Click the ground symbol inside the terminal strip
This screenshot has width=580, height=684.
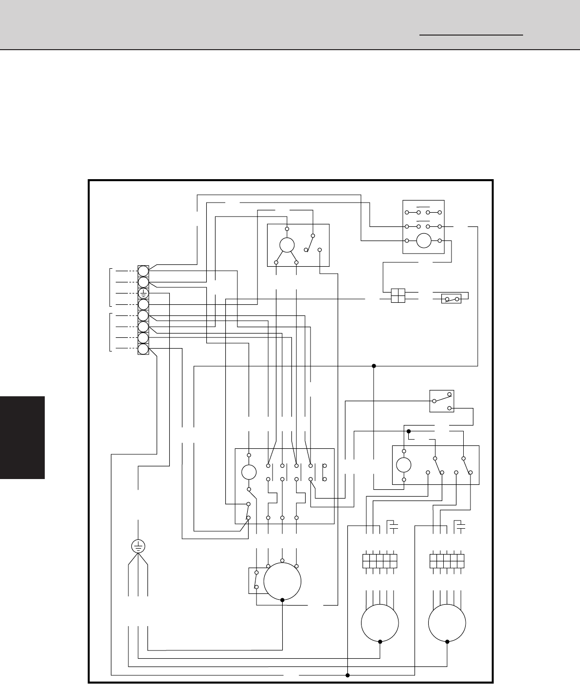point(143,294)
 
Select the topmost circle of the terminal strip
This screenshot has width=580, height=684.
point(143,271)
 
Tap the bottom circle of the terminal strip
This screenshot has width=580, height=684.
point(143,349)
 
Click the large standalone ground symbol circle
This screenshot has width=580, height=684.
point(138,546)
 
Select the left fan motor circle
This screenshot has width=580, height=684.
point(380,623)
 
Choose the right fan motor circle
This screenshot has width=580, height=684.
point(447,623)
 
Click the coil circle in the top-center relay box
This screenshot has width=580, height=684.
point(287,244)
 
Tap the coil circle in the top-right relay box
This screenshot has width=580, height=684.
point(424,240)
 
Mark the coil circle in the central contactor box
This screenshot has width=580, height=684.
point(249,472)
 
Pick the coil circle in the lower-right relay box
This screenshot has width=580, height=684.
point(404,464)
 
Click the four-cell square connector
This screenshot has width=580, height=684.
point(398,296)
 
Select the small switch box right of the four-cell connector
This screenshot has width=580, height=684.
point(451,298)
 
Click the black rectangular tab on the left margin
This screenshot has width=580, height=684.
point(22,438)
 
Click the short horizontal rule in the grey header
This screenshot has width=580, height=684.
point(471,35)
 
